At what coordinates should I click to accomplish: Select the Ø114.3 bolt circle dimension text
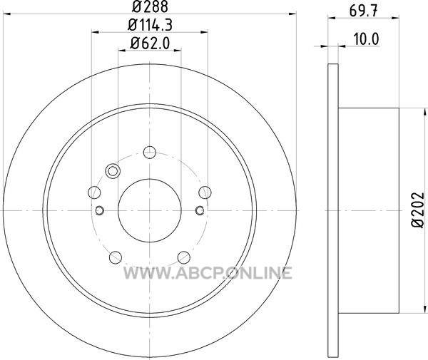[x=150, y=26]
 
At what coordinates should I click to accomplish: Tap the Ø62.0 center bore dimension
[x=150, y=43]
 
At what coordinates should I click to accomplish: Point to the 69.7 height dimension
[x=364, y=11]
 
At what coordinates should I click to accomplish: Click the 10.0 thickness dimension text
[x=367, y=39]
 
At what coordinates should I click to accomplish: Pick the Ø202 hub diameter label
[x=418, y=210]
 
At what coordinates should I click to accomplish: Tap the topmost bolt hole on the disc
[x=150, y=152]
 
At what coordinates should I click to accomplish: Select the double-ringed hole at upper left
[x=113, y=171]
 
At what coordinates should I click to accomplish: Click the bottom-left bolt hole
[x=115, y=257]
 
